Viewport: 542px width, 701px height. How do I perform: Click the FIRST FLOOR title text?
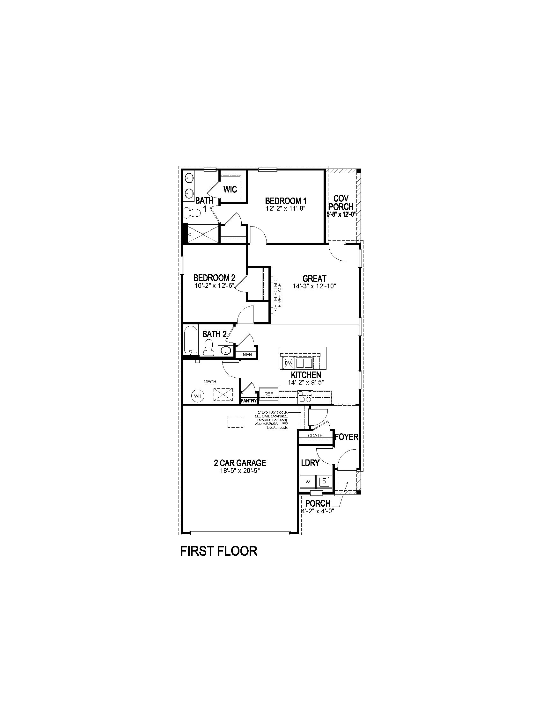tap(219, 551)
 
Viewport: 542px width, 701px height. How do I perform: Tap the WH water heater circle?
tap(197, 396)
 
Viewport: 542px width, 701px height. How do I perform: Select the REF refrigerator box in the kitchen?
tap(269, 394)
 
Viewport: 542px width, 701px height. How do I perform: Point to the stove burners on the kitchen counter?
tap(305, 396)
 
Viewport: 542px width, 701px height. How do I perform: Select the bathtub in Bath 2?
tap(191, 340)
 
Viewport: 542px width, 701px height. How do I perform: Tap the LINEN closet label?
tap(245, 355)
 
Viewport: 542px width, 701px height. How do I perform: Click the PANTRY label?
tap(249, 401)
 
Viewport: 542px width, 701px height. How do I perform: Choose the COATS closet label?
tap(315, 436)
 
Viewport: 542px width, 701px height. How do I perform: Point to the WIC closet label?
tap(230, 189)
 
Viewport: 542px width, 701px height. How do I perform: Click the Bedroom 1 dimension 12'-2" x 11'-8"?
tap(285, 208)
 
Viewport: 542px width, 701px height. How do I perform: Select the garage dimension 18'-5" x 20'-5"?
tap(240, 471)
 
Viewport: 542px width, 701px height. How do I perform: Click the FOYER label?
tap(347, 437)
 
